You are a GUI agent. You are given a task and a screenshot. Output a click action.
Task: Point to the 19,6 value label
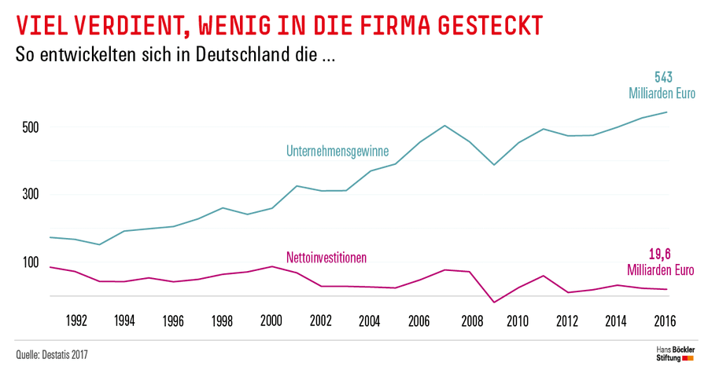tap(664, 254)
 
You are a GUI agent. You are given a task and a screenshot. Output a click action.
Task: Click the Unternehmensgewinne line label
tap(337, 151)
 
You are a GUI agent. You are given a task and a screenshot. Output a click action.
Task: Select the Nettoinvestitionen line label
tap(326, 257)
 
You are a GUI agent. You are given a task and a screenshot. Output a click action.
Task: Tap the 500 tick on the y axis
tap(29, 127)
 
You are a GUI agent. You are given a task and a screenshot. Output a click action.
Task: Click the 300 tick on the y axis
tap(29, 195)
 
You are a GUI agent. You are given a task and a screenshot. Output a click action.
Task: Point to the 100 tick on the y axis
tap(29, 262)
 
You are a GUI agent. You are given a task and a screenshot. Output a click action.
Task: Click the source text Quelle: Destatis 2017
tap(52, 354)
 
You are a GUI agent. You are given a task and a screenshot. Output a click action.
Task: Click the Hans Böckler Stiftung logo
tap(674, 354)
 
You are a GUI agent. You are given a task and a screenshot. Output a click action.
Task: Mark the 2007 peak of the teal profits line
tap(445, 126)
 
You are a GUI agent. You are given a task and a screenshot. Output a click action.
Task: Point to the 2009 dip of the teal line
tap(494, 165)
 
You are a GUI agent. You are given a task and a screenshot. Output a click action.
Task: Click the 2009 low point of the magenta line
tap(494, 302)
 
